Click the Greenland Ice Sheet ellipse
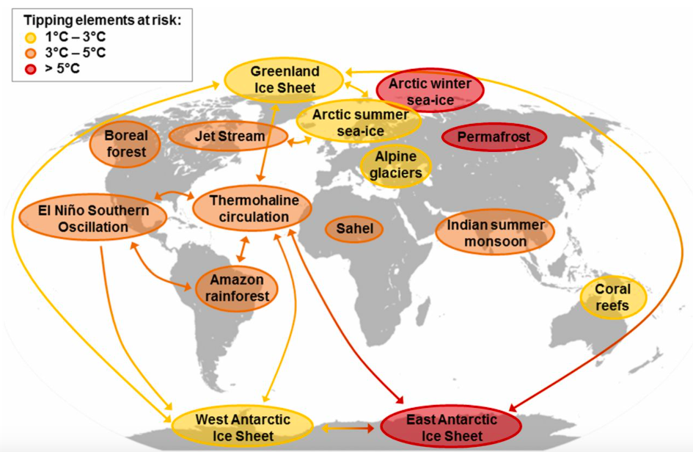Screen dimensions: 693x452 284,80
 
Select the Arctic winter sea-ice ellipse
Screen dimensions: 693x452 430,91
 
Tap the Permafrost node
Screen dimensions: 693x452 494,137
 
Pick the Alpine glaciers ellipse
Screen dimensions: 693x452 396,165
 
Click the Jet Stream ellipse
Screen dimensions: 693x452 228,136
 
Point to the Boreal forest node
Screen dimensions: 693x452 125,144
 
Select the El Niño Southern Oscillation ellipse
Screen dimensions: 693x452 93,218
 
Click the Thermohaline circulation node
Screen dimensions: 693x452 252,208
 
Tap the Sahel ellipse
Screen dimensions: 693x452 354,229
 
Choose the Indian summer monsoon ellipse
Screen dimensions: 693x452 495,232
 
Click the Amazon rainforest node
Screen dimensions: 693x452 237,288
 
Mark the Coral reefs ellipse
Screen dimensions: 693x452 613,297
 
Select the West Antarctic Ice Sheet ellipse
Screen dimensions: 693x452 243,427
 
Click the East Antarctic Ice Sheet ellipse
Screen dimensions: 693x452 451,427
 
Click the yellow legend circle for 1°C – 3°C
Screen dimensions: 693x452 31,37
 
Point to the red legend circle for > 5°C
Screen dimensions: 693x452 31,69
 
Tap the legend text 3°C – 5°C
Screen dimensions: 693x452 76,53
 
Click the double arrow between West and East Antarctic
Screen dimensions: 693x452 348,428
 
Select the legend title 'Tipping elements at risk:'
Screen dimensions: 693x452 103,21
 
